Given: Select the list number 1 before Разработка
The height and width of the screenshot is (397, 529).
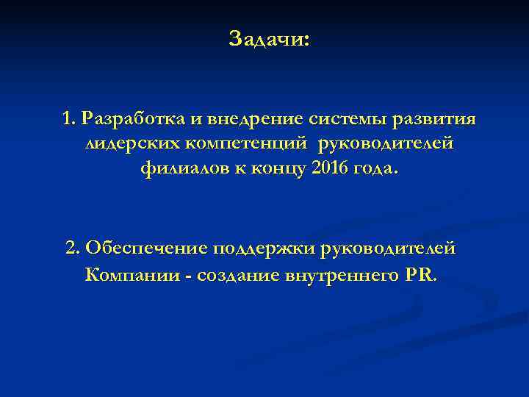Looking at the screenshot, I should pos(70,118).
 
